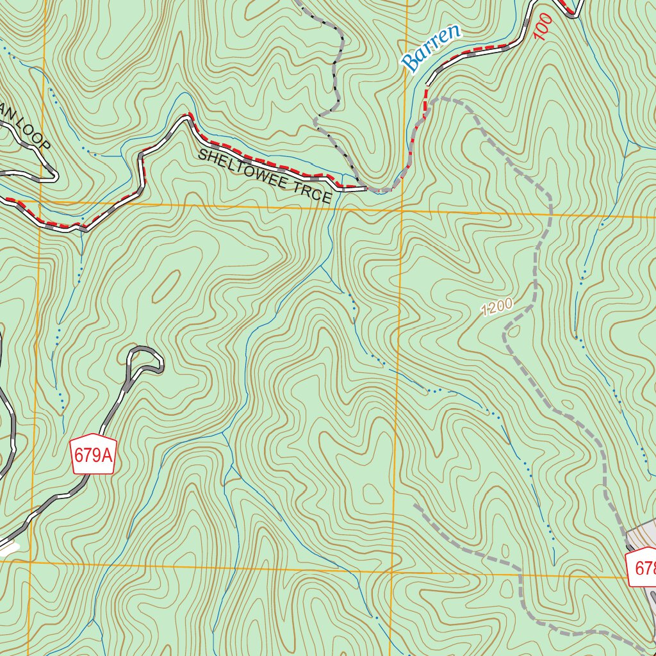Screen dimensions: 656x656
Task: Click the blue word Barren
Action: point(430,48)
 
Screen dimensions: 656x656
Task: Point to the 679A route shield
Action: point(93,455)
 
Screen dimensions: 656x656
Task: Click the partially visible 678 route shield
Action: point(642,567)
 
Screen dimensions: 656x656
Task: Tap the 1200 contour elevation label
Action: point(497,307)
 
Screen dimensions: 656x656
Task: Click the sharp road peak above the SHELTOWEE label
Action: point(188,117)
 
